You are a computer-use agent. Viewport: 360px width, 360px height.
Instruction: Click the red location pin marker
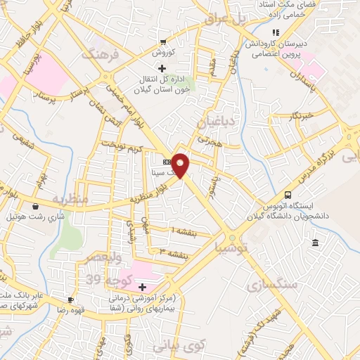(x=181, y=165)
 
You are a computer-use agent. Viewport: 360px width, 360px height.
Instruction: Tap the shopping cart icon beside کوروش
(x=163, y=42)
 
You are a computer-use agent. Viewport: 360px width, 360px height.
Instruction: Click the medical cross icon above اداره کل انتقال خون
(x=162, y=68)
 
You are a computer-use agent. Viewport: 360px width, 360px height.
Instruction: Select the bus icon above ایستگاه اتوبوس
(x=287, y=195)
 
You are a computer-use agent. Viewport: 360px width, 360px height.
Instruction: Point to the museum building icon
(x=314, y=243)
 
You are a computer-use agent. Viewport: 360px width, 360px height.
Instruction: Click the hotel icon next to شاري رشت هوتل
(x=36, y=207)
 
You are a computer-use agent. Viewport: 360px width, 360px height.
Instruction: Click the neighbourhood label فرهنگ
(x=98, y=53)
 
